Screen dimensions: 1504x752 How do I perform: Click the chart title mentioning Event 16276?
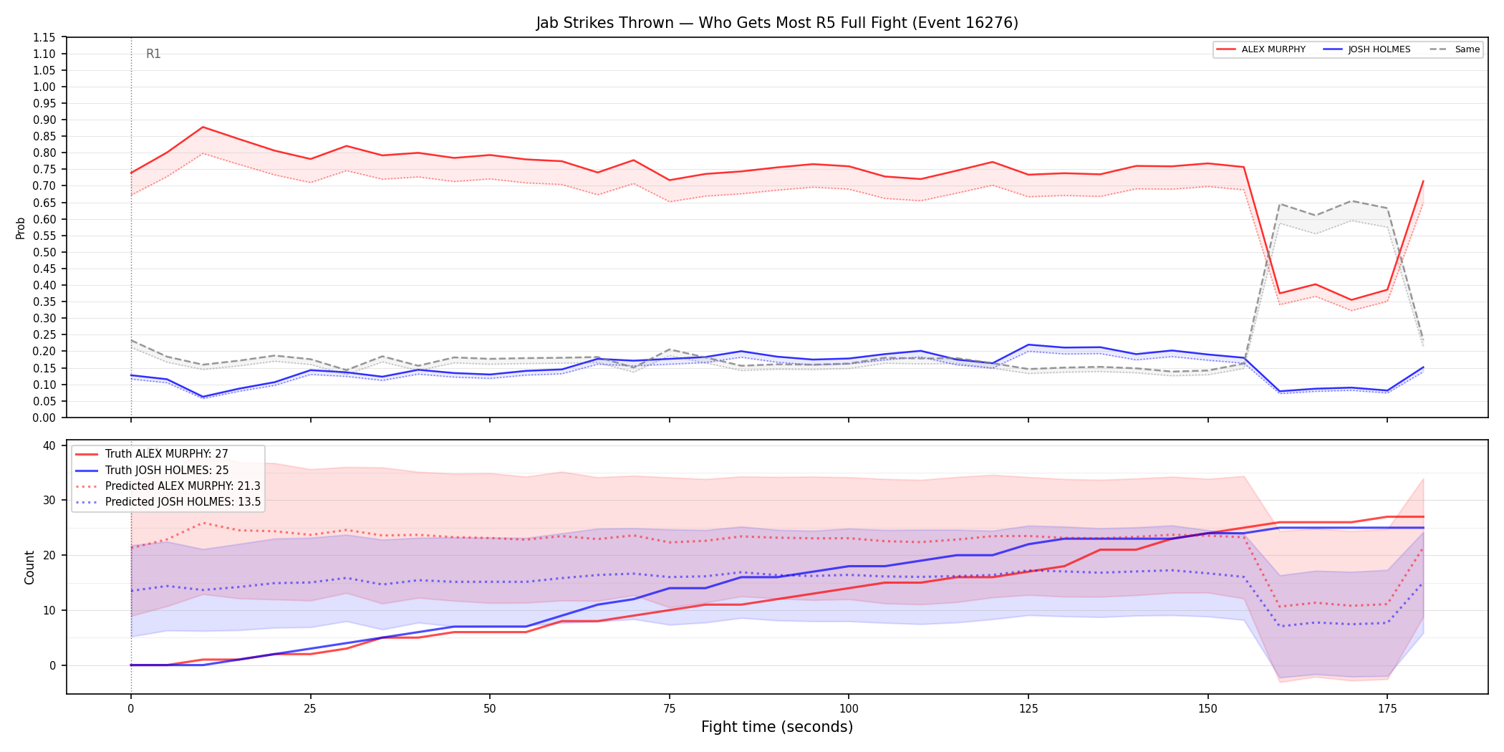[777, 23]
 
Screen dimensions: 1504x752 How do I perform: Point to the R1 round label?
[153, 54]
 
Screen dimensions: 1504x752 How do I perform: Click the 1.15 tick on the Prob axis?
[44, 37]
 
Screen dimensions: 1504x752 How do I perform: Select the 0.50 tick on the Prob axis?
[44, 252]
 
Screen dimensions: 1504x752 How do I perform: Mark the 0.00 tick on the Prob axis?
[44, 418]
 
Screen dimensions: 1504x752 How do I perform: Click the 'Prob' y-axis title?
[21, 228]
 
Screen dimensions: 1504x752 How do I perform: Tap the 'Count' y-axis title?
[29, 567]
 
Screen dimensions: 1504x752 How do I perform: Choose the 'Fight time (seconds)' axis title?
[777, 727]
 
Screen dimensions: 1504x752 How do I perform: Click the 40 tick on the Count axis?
[49, 445]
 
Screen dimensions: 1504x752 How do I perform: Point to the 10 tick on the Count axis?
[49, 610]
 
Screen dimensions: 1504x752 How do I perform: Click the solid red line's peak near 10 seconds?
[203, 127]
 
